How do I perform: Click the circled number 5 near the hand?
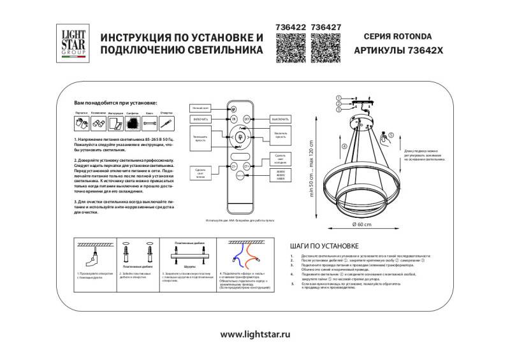point(391,134)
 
